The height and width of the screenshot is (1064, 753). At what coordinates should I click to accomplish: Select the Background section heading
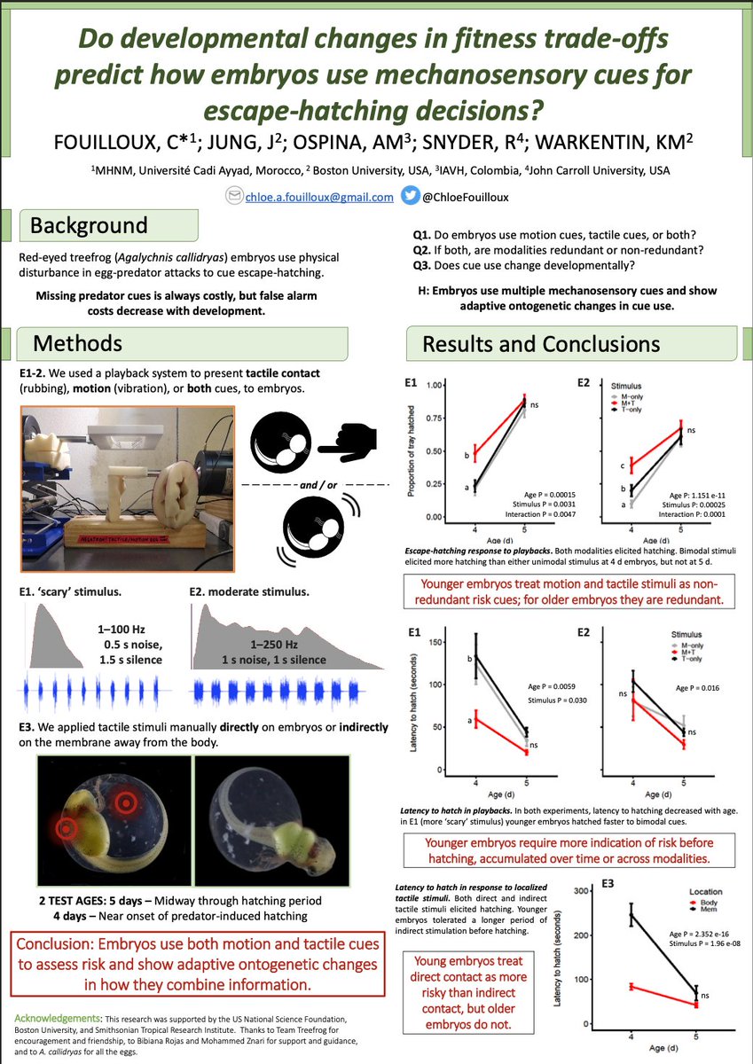point(89,225)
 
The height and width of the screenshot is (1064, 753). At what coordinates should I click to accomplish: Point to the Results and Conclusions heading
point(541,343)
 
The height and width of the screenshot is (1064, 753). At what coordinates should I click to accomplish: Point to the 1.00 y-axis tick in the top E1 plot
point(434,386)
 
